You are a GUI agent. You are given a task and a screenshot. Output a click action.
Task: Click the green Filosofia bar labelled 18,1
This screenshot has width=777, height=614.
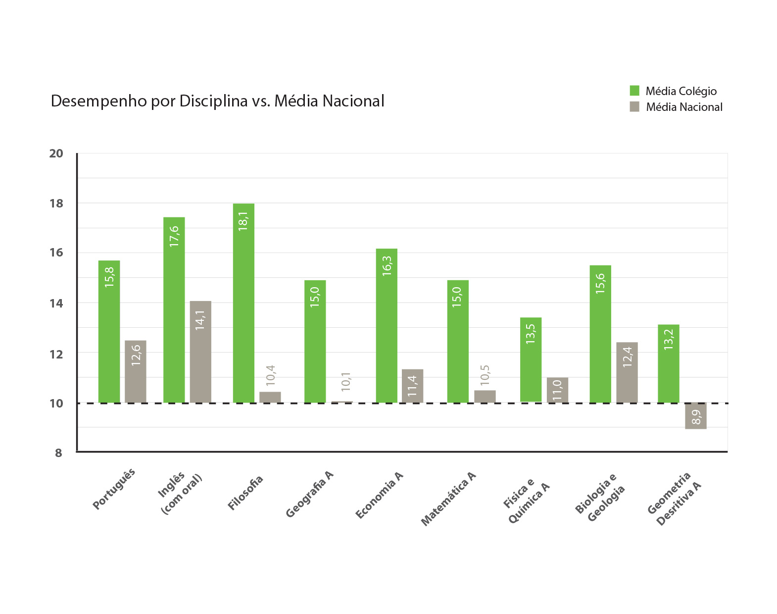coord(243,303)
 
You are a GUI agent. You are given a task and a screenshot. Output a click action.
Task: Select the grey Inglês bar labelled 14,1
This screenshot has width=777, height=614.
coord(200,352)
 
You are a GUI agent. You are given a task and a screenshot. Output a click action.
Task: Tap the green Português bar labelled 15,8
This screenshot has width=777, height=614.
coord(109,331)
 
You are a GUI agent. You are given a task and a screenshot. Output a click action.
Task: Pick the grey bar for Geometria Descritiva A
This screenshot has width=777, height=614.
coord(695,416)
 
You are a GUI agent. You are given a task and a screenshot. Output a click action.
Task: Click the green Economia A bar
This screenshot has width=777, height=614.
coord(387,325)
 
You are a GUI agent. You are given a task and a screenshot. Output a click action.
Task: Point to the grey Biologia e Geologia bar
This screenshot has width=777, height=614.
coord(627,372)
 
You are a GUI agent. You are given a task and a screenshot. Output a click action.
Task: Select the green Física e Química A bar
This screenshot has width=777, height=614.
coord(531,359)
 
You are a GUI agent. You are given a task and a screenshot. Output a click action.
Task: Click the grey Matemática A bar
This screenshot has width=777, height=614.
coord(485,397)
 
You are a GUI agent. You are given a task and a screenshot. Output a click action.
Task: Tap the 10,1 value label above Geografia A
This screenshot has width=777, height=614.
coord(346,382)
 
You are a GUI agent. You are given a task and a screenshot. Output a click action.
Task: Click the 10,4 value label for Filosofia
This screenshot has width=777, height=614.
coord(271,376)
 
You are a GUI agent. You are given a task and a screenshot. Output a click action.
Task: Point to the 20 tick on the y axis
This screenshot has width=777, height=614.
coord(56,153)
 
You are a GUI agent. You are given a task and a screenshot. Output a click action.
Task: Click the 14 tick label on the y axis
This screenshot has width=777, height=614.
coord(56,304)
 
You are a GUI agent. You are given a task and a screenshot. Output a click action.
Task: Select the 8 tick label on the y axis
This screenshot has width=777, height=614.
coord(58,453)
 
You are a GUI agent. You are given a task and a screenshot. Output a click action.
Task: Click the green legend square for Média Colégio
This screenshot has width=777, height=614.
coord(634,91)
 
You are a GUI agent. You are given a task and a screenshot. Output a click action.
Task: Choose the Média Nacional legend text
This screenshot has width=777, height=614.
coord(684,107)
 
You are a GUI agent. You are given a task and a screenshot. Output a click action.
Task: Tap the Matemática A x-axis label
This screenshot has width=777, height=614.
coord(448,499)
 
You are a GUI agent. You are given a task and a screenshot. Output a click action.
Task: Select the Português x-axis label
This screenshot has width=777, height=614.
coord(114,489)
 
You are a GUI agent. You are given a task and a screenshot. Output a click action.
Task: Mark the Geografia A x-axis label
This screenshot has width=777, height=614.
coord(310,494)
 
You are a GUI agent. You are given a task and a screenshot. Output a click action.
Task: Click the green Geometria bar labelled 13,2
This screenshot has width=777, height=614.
coord(668,363)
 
